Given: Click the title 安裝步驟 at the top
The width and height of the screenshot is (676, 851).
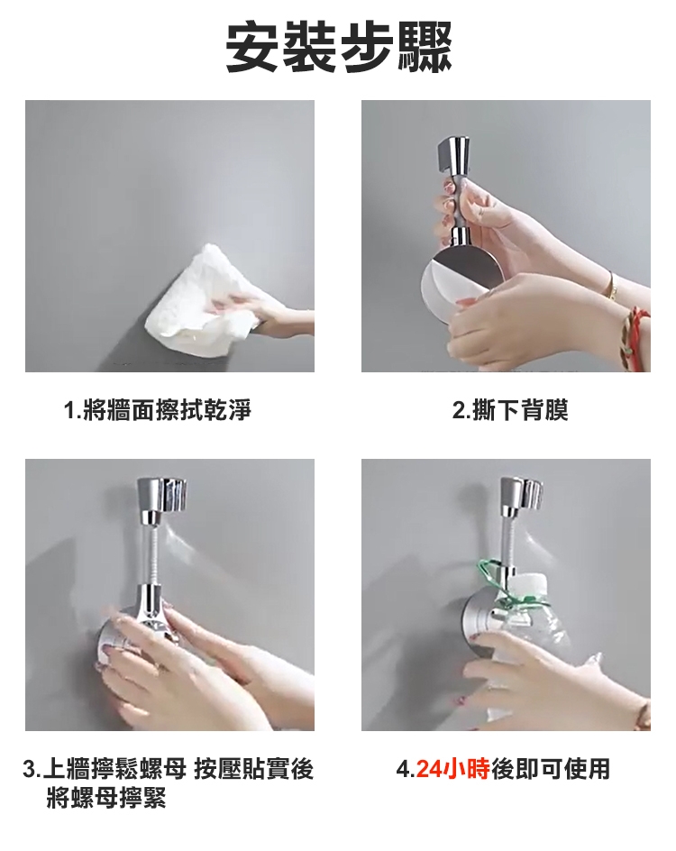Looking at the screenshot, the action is tap(339, 48).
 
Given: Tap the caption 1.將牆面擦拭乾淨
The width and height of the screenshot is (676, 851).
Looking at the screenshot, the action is tap(158, 410).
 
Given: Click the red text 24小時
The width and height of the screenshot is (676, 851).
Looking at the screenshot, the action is tap(453, 769).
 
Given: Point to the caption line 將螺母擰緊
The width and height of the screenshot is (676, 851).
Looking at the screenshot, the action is tap(105, 799).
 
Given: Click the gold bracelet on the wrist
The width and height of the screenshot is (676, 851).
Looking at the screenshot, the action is tap(611, 286).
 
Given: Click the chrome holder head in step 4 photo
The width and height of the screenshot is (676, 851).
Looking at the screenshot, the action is tap(521, 496).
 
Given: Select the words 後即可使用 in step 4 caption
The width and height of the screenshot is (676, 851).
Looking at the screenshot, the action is tap(551, 769).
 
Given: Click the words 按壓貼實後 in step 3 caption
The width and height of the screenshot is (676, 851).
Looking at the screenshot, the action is tap(254, 769).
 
